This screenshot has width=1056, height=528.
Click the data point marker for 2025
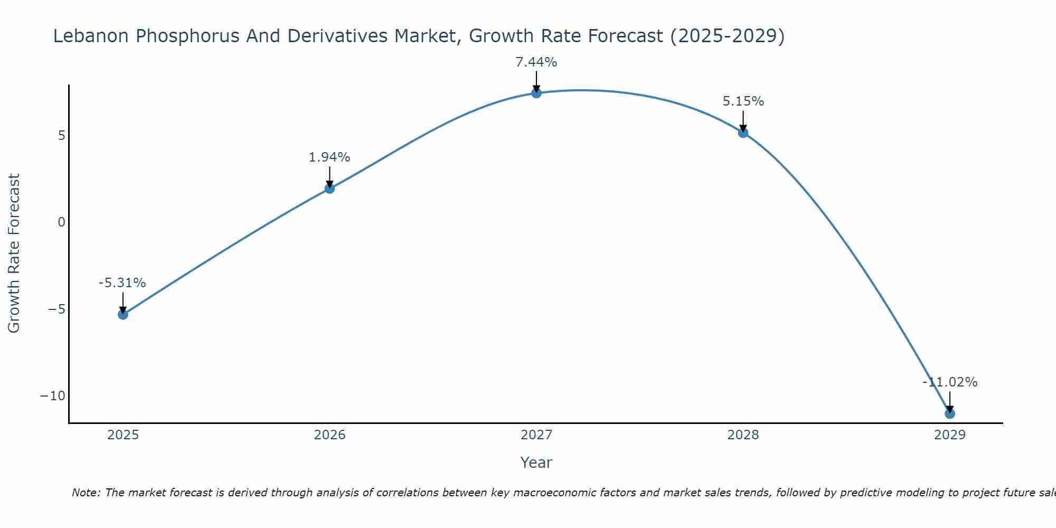123,315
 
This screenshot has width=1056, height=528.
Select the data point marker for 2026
329,188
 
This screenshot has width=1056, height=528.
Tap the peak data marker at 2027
536,93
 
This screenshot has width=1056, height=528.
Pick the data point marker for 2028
743,133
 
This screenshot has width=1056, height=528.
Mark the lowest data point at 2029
950,413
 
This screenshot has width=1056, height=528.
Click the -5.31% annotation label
122,283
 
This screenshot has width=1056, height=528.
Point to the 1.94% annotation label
329,157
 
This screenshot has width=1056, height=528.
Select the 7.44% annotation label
536,62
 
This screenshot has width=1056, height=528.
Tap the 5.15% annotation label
743,101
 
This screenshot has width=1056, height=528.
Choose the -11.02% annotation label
950,382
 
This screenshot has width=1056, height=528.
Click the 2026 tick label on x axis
329,435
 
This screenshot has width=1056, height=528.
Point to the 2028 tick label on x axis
743,435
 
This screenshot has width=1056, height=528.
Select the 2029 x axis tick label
950,435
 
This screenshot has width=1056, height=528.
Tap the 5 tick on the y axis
62,136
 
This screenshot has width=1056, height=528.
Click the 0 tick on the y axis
62,222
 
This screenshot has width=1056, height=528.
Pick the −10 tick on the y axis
53,396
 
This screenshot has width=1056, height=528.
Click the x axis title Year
536,463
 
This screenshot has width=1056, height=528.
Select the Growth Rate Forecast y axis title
14,253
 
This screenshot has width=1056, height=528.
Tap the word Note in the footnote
85,493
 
